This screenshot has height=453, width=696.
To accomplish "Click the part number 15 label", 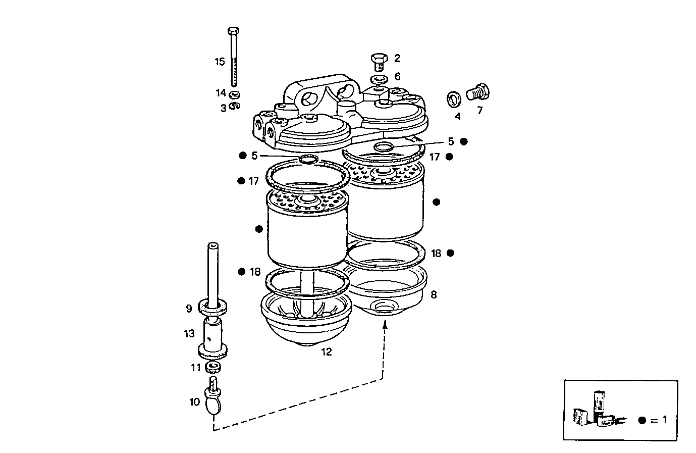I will pos(220,62).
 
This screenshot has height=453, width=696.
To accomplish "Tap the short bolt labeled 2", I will pos(378,61).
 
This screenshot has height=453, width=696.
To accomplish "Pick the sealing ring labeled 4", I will pos(454,98).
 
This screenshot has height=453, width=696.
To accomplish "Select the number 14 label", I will pos(221,93).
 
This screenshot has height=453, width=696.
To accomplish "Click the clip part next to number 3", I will pos(234,106).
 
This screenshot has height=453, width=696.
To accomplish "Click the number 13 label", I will pos(189,334).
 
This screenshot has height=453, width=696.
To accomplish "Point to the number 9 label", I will pos(189,308).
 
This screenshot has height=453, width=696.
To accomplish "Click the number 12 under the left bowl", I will pos(327,352).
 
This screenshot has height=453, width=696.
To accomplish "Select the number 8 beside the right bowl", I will pos(434,294).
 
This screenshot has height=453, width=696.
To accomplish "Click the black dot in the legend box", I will pos(642,420).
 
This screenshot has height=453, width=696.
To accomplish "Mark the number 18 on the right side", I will pos(436,253).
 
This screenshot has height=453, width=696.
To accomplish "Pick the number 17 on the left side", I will pos(253,181).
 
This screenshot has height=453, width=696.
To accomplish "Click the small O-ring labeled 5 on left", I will pos(307,160).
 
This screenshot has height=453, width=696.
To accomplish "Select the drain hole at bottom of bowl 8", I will pos(384,307).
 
